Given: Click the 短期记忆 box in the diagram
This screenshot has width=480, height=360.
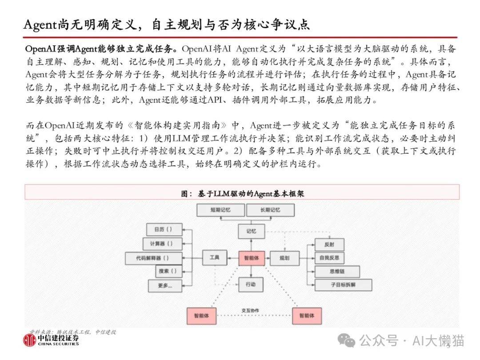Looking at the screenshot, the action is [220, 210].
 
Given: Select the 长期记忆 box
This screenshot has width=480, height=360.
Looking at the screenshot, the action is [270, 210].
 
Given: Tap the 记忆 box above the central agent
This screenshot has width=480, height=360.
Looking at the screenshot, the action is [251, 231].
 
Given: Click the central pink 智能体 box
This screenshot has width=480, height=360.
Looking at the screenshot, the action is [251, 258].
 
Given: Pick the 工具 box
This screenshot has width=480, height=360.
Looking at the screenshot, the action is [215, 258].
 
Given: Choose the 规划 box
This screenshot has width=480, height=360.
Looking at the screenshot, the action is [285, 258].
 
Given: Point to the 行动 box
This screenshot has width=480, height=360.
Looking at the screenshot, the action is [251, 284].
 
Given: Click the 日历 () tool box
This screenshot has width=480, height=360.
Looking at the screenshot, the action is [164, 229].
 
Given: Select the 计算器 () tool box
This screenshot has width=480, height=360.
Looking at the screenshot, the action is [162, 244].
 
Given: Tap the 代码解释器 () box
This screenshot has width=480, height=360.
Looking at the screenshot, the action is [153, 258].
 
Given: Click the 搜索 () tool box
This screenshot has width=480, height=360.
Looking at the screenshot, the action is [169, 271].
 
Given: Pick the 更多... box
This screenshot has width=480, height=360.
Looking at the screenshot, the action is [165, 286].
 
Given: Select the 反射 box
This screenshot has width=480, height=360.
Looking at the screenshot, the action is [329, 244].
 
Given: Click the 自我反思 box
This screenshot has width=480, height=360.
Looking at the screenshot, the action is [329, 258].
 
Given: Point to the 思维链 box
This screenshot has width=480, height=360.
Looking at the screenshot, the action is [337, 272].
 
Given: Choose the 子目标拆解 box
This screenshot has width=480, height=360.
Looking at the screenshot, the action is [343, 285].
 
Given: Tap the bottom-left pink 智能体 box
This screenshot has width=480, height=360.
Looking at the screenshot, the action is [201, 316].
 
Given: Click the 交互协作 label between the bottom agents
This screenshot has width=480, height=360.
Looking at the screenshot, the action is [250, 310].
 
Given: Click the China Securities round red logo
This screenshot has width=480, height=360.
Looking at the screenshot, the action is [29, 340].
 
